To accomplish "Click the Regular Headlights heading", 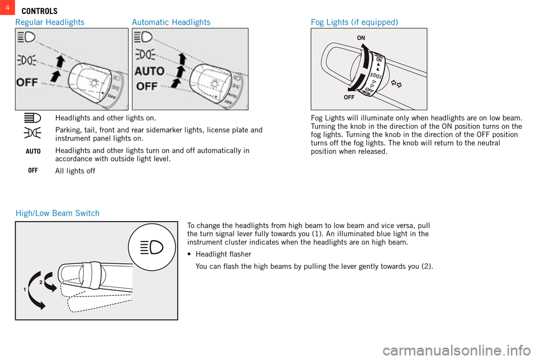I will [x=49, y=22].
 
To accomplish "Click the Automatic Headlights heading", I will [x=171, y=22].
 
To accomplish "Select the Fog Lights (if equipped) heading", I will [x=354, y=22].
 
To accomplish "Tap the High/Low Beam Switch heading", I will [x=57, y=213].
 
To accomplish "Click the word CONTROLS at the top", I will [x=39, y=11].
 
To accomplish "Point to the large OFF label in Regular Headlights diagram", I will [x=28, y=82].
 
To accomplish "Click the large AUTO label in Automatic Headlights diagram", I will [x=149, y=71].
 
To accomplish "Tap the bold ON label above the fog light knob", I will [x=361, y=37].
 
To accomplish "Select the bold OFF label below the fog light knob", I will [x=349, y=97].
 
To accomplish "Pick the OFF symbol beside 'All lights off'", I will [x=33, y=170].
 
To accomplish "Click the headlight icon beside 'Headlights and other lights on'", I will [x=33, y=118].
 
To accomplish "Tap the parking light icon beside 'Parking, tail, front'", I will [x=33, y=133].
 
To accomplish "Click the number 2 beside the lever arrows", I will [x=41, y=282].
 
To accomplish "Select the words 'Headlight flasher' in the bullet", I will [x=223, y=254].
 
